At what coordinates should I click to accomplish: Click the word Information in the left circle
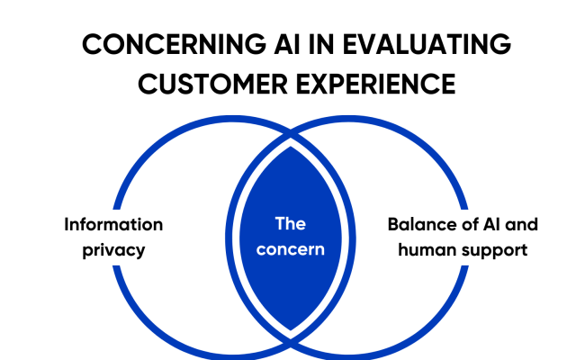tap(113, 225)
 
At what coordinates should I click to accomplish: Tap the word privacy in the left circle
tap(113, 249)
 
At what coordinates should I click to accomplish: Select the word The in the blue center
tap(290, 225)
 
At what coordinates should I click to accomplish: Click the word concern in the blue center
tap(290, 249)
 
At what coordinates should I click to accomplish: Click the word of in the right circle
tap(459, 225)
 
